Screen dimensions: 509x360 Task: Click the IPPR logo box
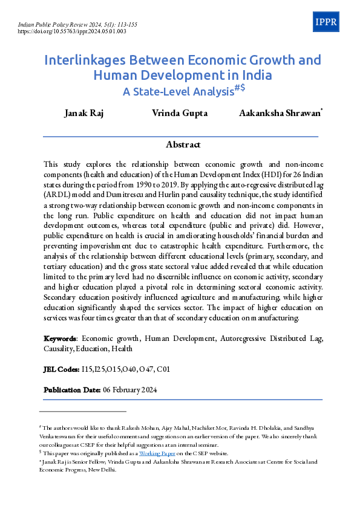click(x=327, y=22)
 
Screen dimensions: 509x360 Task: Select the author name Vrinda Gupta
click(x=180, y=114)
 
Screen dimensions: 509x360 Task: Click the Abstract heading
click(x=183, y=144)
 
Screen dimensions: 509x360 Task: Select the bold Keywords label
click(x=60, y=337)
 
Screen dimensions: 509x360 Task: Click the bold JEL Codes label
click(x=61, y=369)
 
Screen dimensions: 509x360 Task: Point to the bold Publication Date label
click(x=72, y=390)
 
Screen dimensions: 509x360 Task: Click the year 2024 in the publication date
click(x=147, y=390)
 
